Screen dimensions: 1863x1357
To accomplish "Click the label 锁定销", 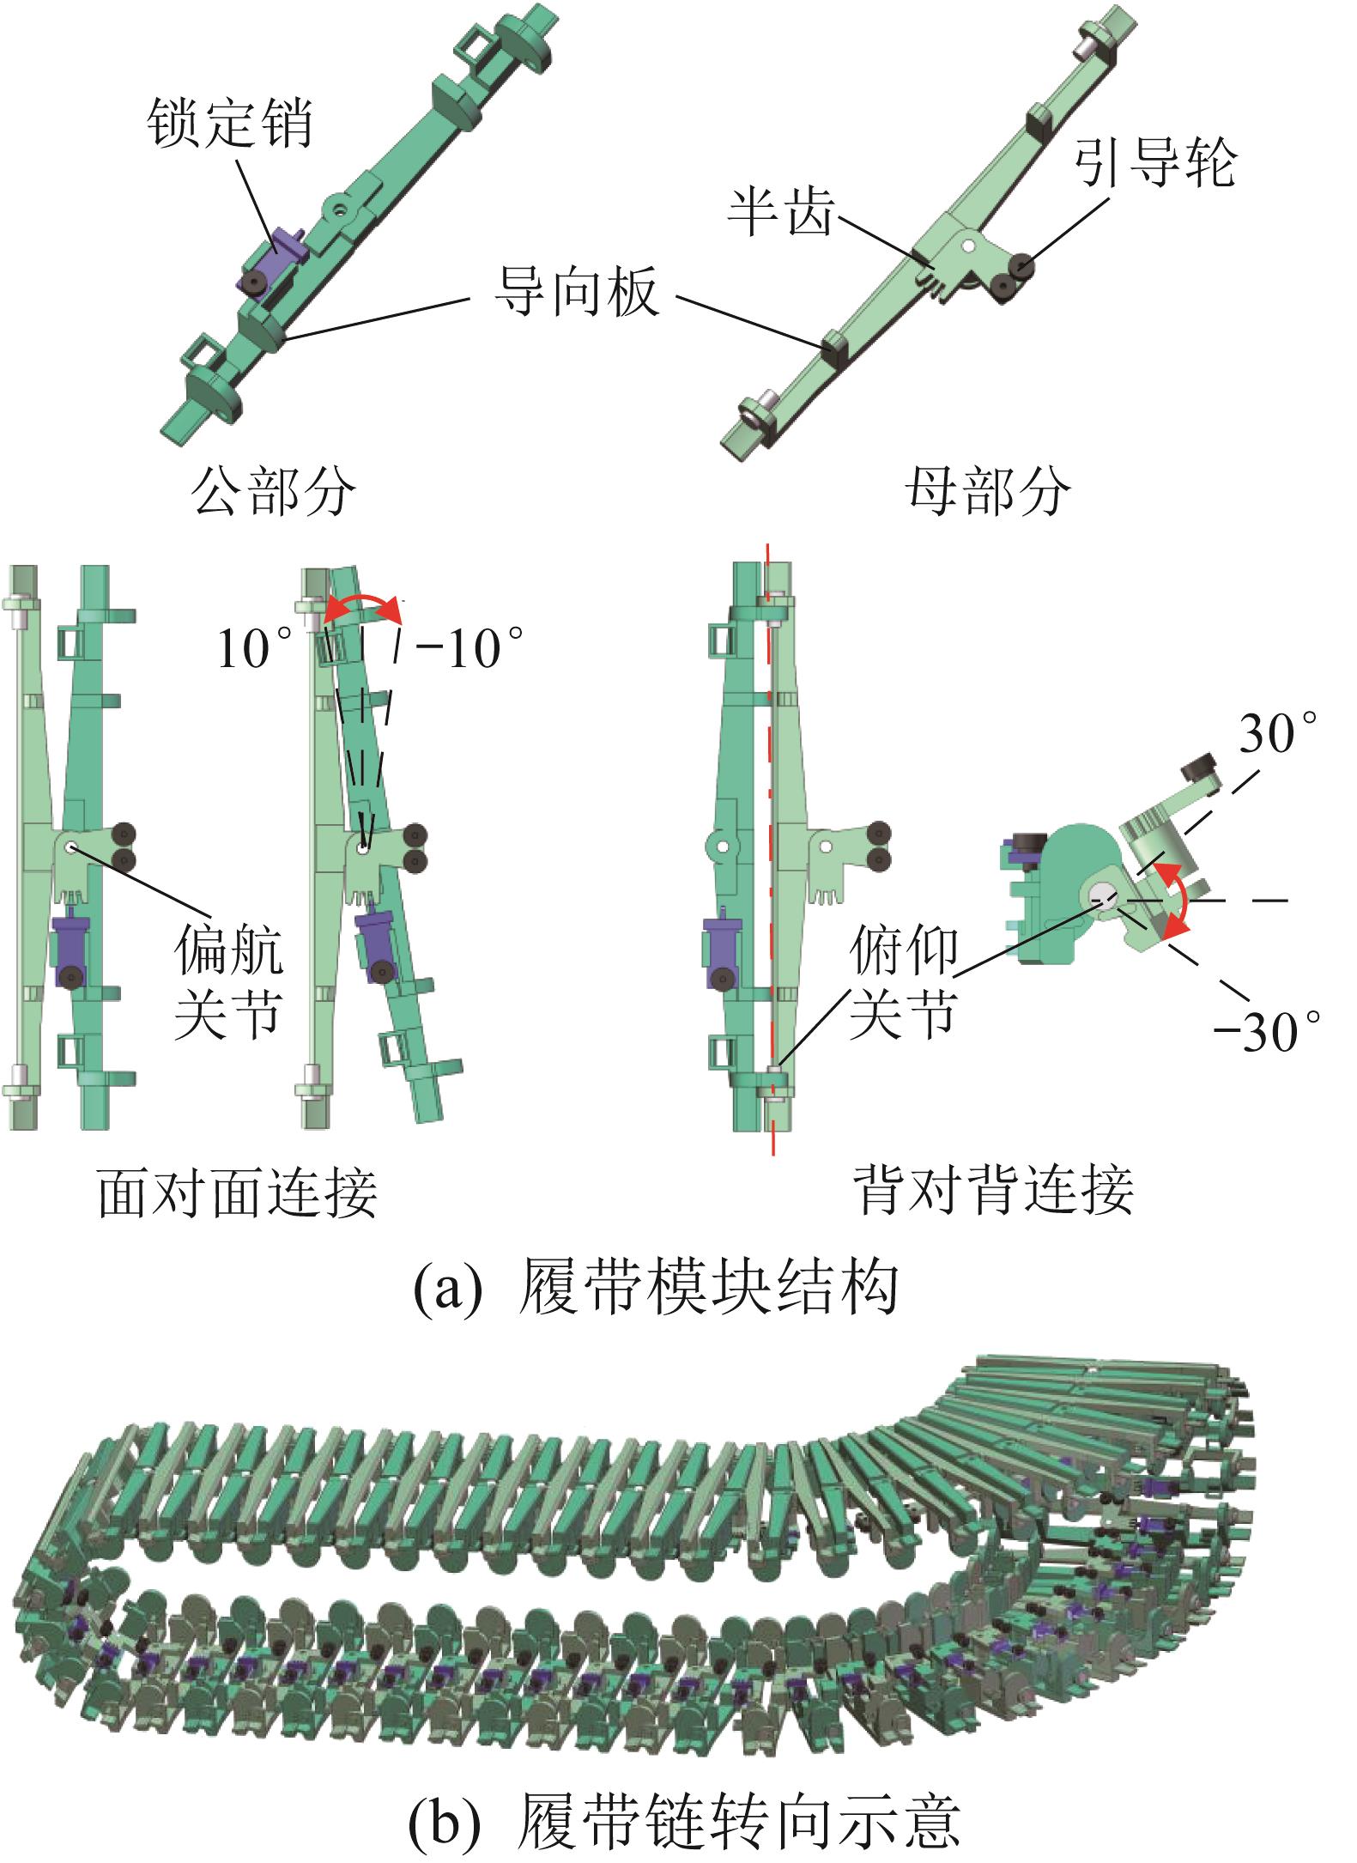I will coord(230,124).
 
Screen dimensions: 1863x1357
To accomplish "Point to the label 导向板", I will coord(576,292).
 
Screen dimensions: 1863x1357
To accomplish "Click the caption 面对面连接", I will coord(238,1192).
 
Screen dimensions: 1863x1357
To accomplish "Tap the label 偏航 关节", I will coord(227,981).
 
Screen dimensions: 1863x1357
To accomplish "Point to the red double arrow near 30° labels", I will coord(1183,898).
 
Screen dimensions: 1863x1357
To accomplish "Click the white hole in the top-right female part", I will coord(967,246).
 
